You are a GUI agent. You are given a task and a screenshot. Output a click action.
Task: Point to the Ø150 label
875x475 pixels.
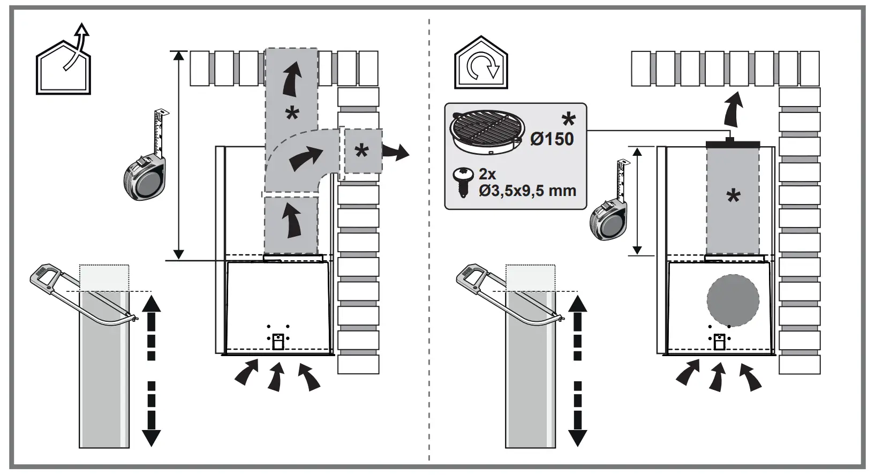(x=552, y=139)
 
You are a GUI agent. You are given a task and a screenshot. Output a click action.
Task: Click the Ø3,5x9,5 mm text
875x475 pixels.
(x=527, y=190)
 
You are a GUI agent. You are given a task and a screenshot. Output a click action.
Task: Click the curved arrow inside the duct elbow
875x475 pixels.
(x=306, y=157)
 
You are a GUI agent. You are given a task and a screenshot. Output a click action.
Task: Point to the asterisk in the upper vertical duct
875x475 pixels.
(x=292, y=114)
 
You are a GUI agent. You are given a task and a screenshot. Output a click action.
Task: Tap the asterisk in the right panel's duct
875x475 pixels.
(x=733, y=197)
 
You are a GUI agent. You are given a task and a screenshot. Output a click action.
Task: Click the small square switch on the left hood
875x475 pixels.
(x=277, y=342)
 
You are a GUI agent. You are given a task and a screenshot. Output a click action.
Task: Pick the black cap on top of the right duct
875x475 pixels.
(x=732, y=144)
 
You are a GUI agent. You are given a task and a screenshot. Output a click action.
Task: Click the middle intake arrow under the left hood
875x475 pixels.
(x=276, y=378)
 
